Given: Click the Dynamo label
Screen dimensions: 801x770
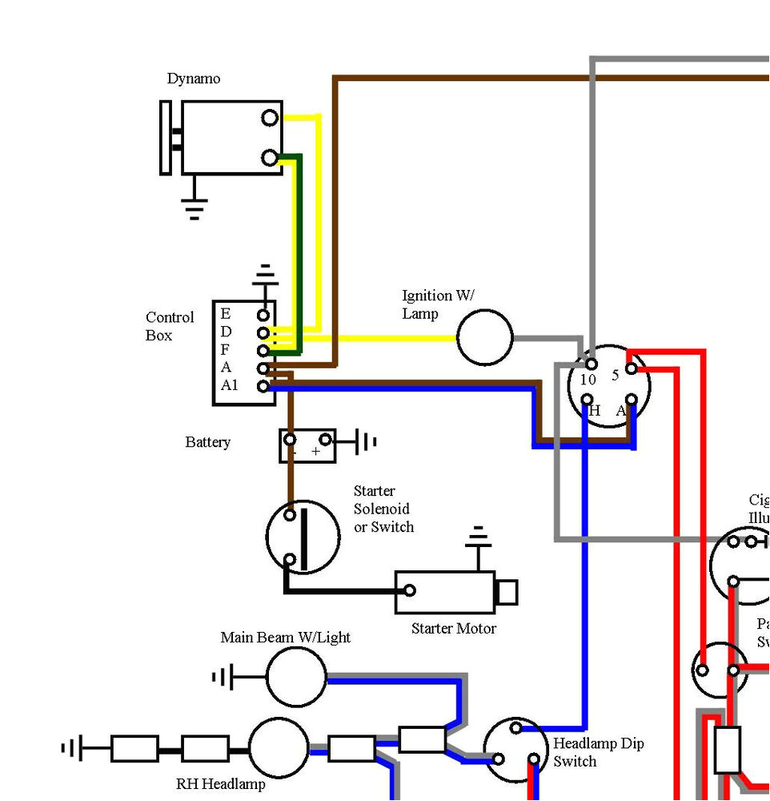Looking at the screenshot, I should click(193, 78).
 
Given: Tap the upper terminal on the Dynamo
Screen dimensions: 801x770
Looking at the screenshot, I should click(271, 118).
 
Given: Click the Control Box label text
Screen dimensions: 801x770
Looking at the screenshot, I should click(170, 326).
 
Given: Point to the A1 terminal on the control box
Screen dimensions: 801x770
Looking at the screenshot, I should click(263, 386).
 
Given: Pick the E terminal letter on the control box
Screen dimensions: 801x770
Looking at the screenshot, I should click(226, 313).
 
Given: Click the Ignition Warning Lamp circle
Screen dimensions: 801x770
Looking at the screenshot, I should click(484, 337).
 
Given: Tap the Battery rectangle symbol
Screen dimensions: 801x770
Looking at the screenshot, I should click(307, 445).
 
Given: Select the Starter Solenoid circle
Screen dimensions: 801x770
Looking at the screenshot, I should click(303, 537).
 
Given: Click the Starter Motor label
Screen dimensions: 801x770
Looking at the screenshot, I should click(453, 629).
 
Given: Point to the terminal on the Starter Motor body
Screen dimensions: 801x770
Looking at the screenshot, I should click(409, 591).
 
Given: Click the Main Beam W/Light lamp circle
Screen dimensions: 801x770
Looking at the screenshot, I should click(296, 678).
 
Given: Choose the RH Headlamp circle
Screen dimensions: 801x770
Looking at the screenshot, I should click(278, 748).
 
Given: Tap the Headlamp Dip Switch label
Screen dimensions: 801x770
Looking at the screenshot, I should click(598, 752).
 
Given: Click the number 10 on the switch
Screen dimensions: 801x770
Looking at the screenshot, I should click(588, 380).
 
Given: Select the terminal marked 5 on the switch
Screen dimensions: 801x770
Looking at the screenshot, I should click(632, 368).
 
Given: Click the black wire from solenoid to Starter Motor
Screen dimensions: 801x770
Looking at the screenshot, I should click(336, 591).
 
